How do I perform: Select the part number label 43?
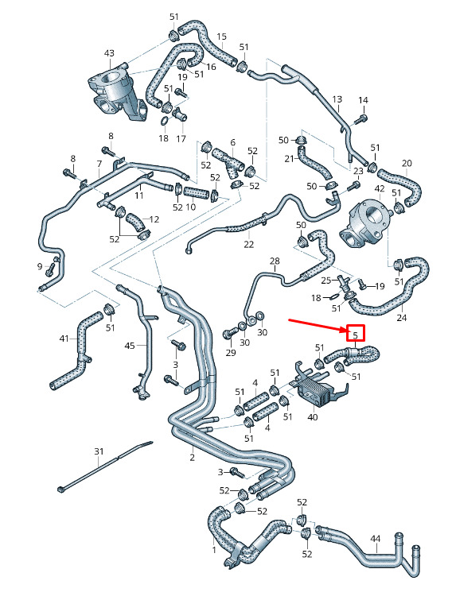(x=109, y=53)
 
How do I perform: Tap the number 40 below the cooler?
(x=312, y=417)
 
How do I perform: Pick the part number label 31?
(x=99, y=451)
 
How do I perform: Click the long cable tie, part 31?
(x=105, y=466)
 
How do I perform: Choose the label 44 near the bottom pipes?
(x=376, y=539)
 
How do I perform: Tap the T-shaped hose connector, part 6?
(x=228, y=162)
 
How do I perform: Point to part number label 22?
(x=248, y=245)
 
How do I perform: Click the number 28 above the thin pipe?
(x=275, y=261)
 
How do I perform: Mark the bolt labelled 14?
(x=360, y=120)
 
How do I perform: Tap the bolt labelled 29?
(x=228, y=334)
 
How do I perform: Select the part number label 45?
(x=130, y=346)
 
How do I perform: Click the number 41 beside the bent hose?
(x=64, y=339)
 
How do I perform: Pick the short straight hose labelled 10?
(x=197, y=193)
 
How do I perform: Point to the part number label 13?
(x=337, y=99)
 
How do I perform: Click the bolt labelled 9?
(x=49, y=270)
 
